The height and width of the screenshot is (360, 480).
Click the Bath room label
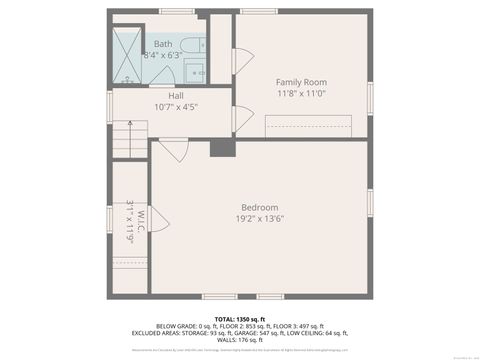coord(162,44)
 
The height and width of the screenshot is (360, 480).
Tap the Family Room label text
coord(301,82)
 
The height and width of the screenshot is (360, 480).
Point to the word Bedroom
coord(258,207)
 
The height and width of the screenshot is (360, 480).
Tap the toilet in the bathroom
coord(201,45)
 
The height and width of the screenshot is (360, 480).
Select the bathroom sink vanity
coord(198,73)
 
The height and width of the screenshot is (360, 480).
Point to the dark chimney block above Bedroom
coord(221,147)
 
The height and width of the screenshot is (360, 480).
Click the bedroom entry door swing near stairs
coord(173,151)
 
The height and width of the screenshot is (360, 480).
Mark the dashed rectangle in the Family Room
coord(308,126)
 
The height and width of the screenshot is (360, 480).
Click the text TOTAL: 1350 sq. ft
coord(240,318)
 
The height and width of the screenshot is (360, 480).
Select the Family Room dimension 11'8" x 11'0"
coord(301,93)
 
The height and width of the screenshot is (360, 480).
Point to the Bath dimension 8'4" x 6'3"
coord(162,56)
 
